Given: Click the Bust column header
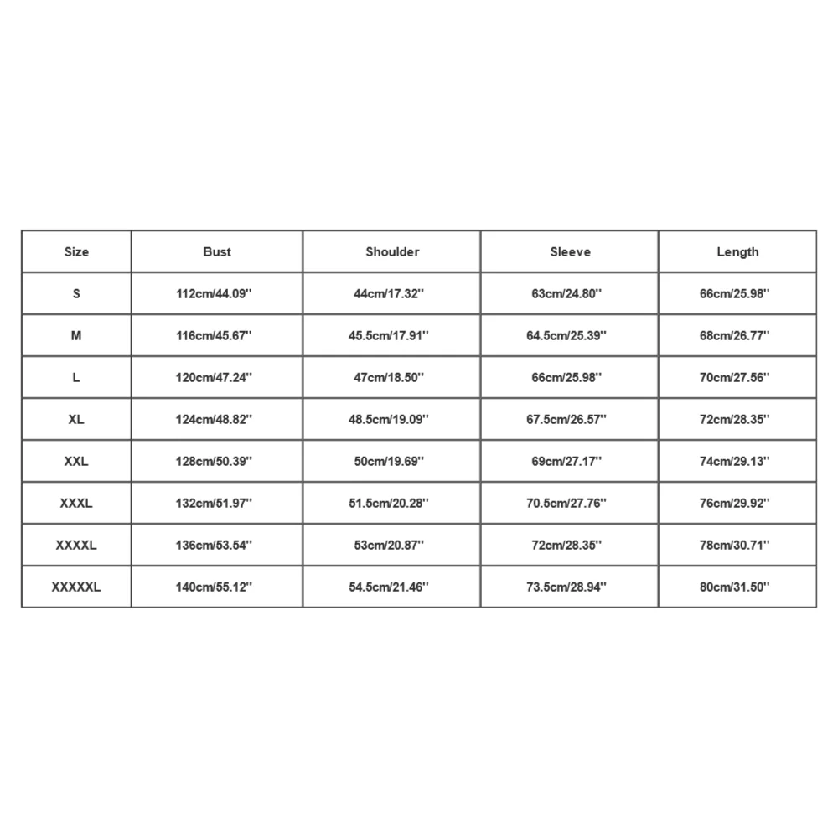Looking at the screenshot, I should [217, 251].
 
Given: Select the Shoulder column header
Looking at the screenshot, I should [392, 251].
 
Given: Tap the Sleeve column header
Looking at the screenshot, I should [570, 251].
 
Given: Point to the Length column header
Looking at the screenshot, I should [737, 251].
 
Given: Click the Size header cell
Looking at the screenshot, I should [76, 251].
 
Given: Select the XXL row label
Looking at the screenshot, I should [76, 461].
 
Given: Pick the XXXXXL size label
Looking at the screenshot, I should [76, 587].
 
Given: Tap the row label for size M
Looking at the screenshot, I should [76, 335].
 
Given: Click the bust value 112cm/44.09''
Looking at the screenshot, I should [217, 293].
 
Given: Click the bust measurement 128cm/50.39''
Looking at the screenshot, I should [217, 461].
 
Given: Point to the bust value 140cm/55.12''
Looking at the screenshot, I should [217, 587].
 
